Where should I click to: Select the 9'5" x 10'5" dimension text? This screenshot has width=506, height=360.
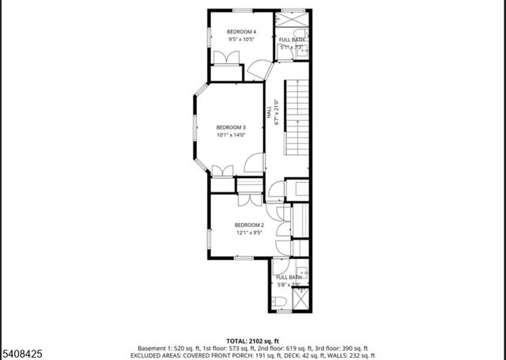tap(236, 38)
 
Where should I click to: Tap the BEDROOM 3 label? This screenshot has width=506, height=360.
tap(232, 127)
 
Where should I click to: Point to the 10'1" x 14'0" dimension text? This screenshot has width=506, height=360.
tap(232, 135)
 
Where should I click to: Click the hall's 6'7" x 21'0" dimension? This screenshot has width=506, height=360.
tap(276, 112)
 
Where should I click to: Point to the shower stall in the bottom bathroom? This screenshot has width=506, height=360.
tap(300, 298)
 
